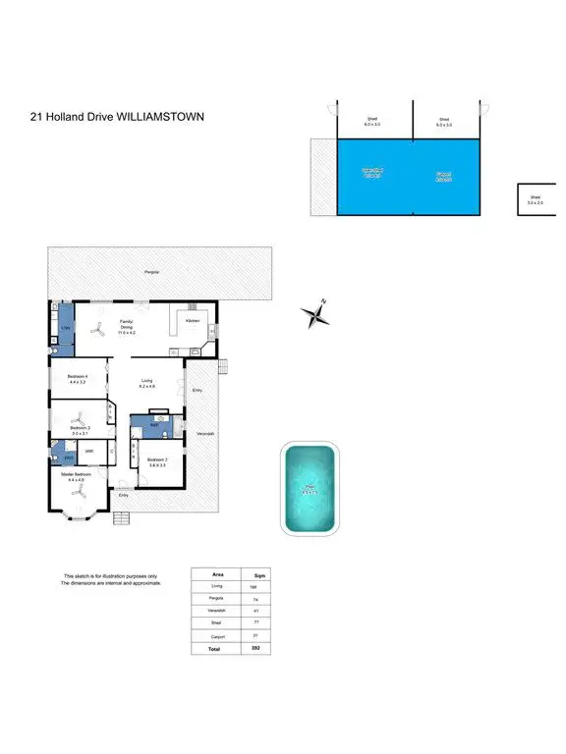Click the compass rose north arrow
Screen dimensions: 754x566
point(316,315)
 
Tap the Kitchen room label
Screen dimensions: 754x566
point(194,321)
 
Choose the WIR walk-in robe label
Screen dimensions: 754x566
point(88,452)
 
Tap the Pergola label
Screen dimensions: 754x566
point(151,271)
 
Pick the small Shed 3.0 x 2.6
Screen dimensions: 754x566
point(536,199)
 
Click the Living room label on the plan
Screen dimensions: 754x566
point(146,381)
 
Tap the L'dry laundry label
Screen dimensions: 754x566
point(65,327)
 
